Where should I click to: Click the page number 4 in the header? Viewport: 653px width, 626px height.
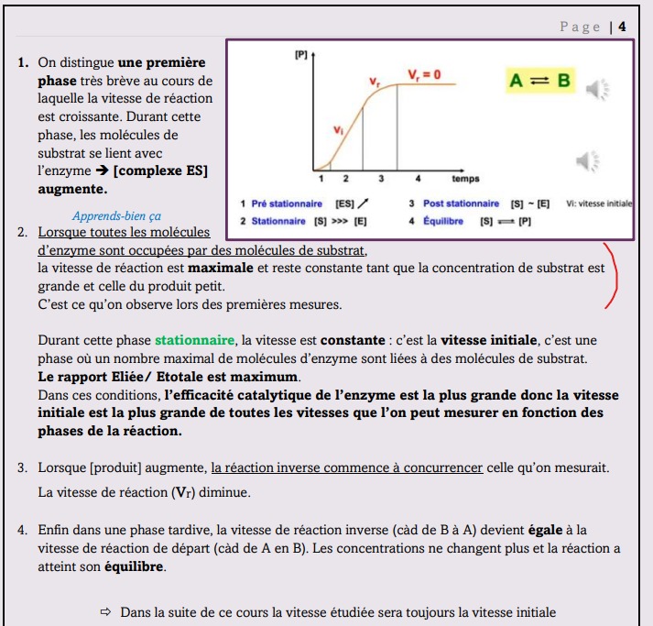[x=622, y=26]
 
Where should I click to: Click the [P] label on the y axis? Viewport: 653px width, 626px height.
[x=300, y=56]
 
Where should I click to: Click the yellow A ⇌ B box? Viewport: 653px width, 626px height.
[x=539, y=82]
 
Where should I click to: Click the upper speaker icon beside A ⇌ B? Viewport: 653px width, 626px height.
[x=597, y=89]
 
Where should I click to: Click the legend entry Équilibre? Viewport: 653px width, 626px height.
[x=444, y=221]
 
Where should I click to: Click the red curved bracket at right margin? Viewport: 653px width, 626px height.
[x=619, y=272]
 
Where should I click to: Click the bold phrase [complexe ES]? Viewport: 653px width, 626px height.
[x=160, y=170]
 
